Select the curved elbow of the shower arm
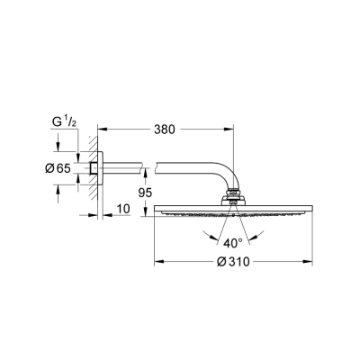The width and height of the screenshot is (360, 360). click(x=227, y=175)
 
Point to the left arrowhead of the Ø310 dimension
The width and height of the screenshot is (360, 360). click(x=159, y=263)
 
